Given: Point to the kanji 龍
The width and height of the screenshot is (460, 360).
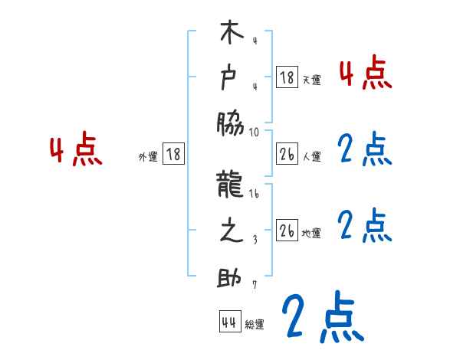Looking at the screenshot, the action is pyautogui.click(x=232, y=186).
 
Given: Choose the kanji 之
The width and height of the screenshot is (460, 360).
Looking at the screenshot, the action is pyautogui.click(x=232, y=232).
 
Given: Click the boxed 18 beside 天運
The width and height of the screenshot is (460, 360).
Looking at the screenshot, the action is pyautogui.click(x=287, y=77).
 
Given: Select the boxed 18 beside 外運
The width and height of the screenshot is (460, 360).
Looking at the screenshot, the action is pyautogui.click(x=172, y=154).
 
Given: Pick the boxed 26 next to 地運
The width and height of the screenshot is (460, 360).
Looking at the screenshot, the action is pyautogui.click(x=287, y=231).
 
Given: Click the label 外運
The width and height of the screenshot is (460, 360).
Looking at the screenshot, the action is pyautogui.click(x=148, y=155).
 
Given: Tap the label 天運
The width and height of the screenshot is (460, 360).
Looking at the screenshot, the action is pyautogui.click(x=311, y=80).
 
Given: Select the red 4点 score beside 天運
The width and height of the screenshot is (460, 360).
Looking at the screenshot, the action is pyautogui.click(x=365, y=73).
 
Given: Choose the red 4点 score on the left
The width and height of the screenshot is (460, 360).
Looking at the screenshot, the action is pyautogui.click(x=76, y=151).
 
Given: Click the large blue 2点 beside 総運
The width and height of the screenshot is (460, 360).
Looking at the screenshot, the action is pyautogui.click(x=321, y=316).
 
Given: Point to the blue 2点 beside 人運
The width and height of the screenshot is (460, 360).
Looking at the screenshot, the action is pyautogui.click(x=365, y=149).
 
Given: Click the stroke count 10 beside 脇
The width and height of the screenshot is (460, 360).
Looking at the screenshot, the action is pyautogui.click(x=255, y=132).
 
